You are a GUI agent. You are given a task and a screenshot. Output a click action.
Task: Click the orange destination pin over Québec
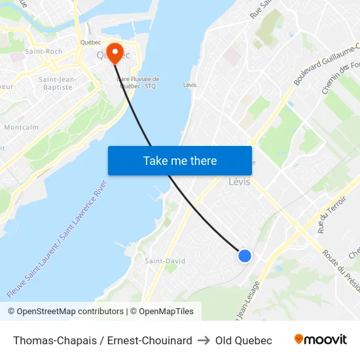(x=115, y=52)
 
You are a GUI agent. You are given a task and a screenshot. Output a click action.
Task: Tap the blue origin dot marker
(x=244, y=256)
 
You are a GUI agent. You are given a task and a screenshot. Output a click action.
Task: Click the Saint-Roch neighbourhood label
(x=43, y=51)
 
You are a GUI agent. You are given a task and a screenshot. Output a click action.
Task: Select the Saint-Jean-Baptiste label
(x=58, y=83)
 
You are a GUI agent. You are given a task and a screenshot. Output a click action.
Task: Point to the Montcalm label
(x=21, y=127)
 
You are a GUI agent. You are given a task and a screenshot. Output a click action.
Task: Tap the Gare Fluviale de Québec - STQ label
(x=137, y=82)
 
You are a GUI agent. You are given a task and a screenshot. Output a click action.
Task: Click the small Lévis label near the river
(x=190, y=85)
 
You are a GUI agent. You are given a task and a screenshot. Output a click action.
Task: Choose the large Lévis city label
(x=239, y=182)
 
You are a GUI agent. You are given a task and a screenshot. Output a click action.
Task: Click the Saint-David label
(x=165, y=261)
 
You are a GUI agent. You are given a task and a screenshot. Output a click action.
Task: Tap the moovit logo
(x=321, y=340)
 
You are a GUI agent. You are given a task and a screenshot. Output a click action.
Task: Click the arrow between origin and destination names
(x=204, y=340)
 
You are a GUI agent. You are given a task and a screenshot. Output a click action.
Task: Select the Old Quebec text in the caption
(x=243, y=340)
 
